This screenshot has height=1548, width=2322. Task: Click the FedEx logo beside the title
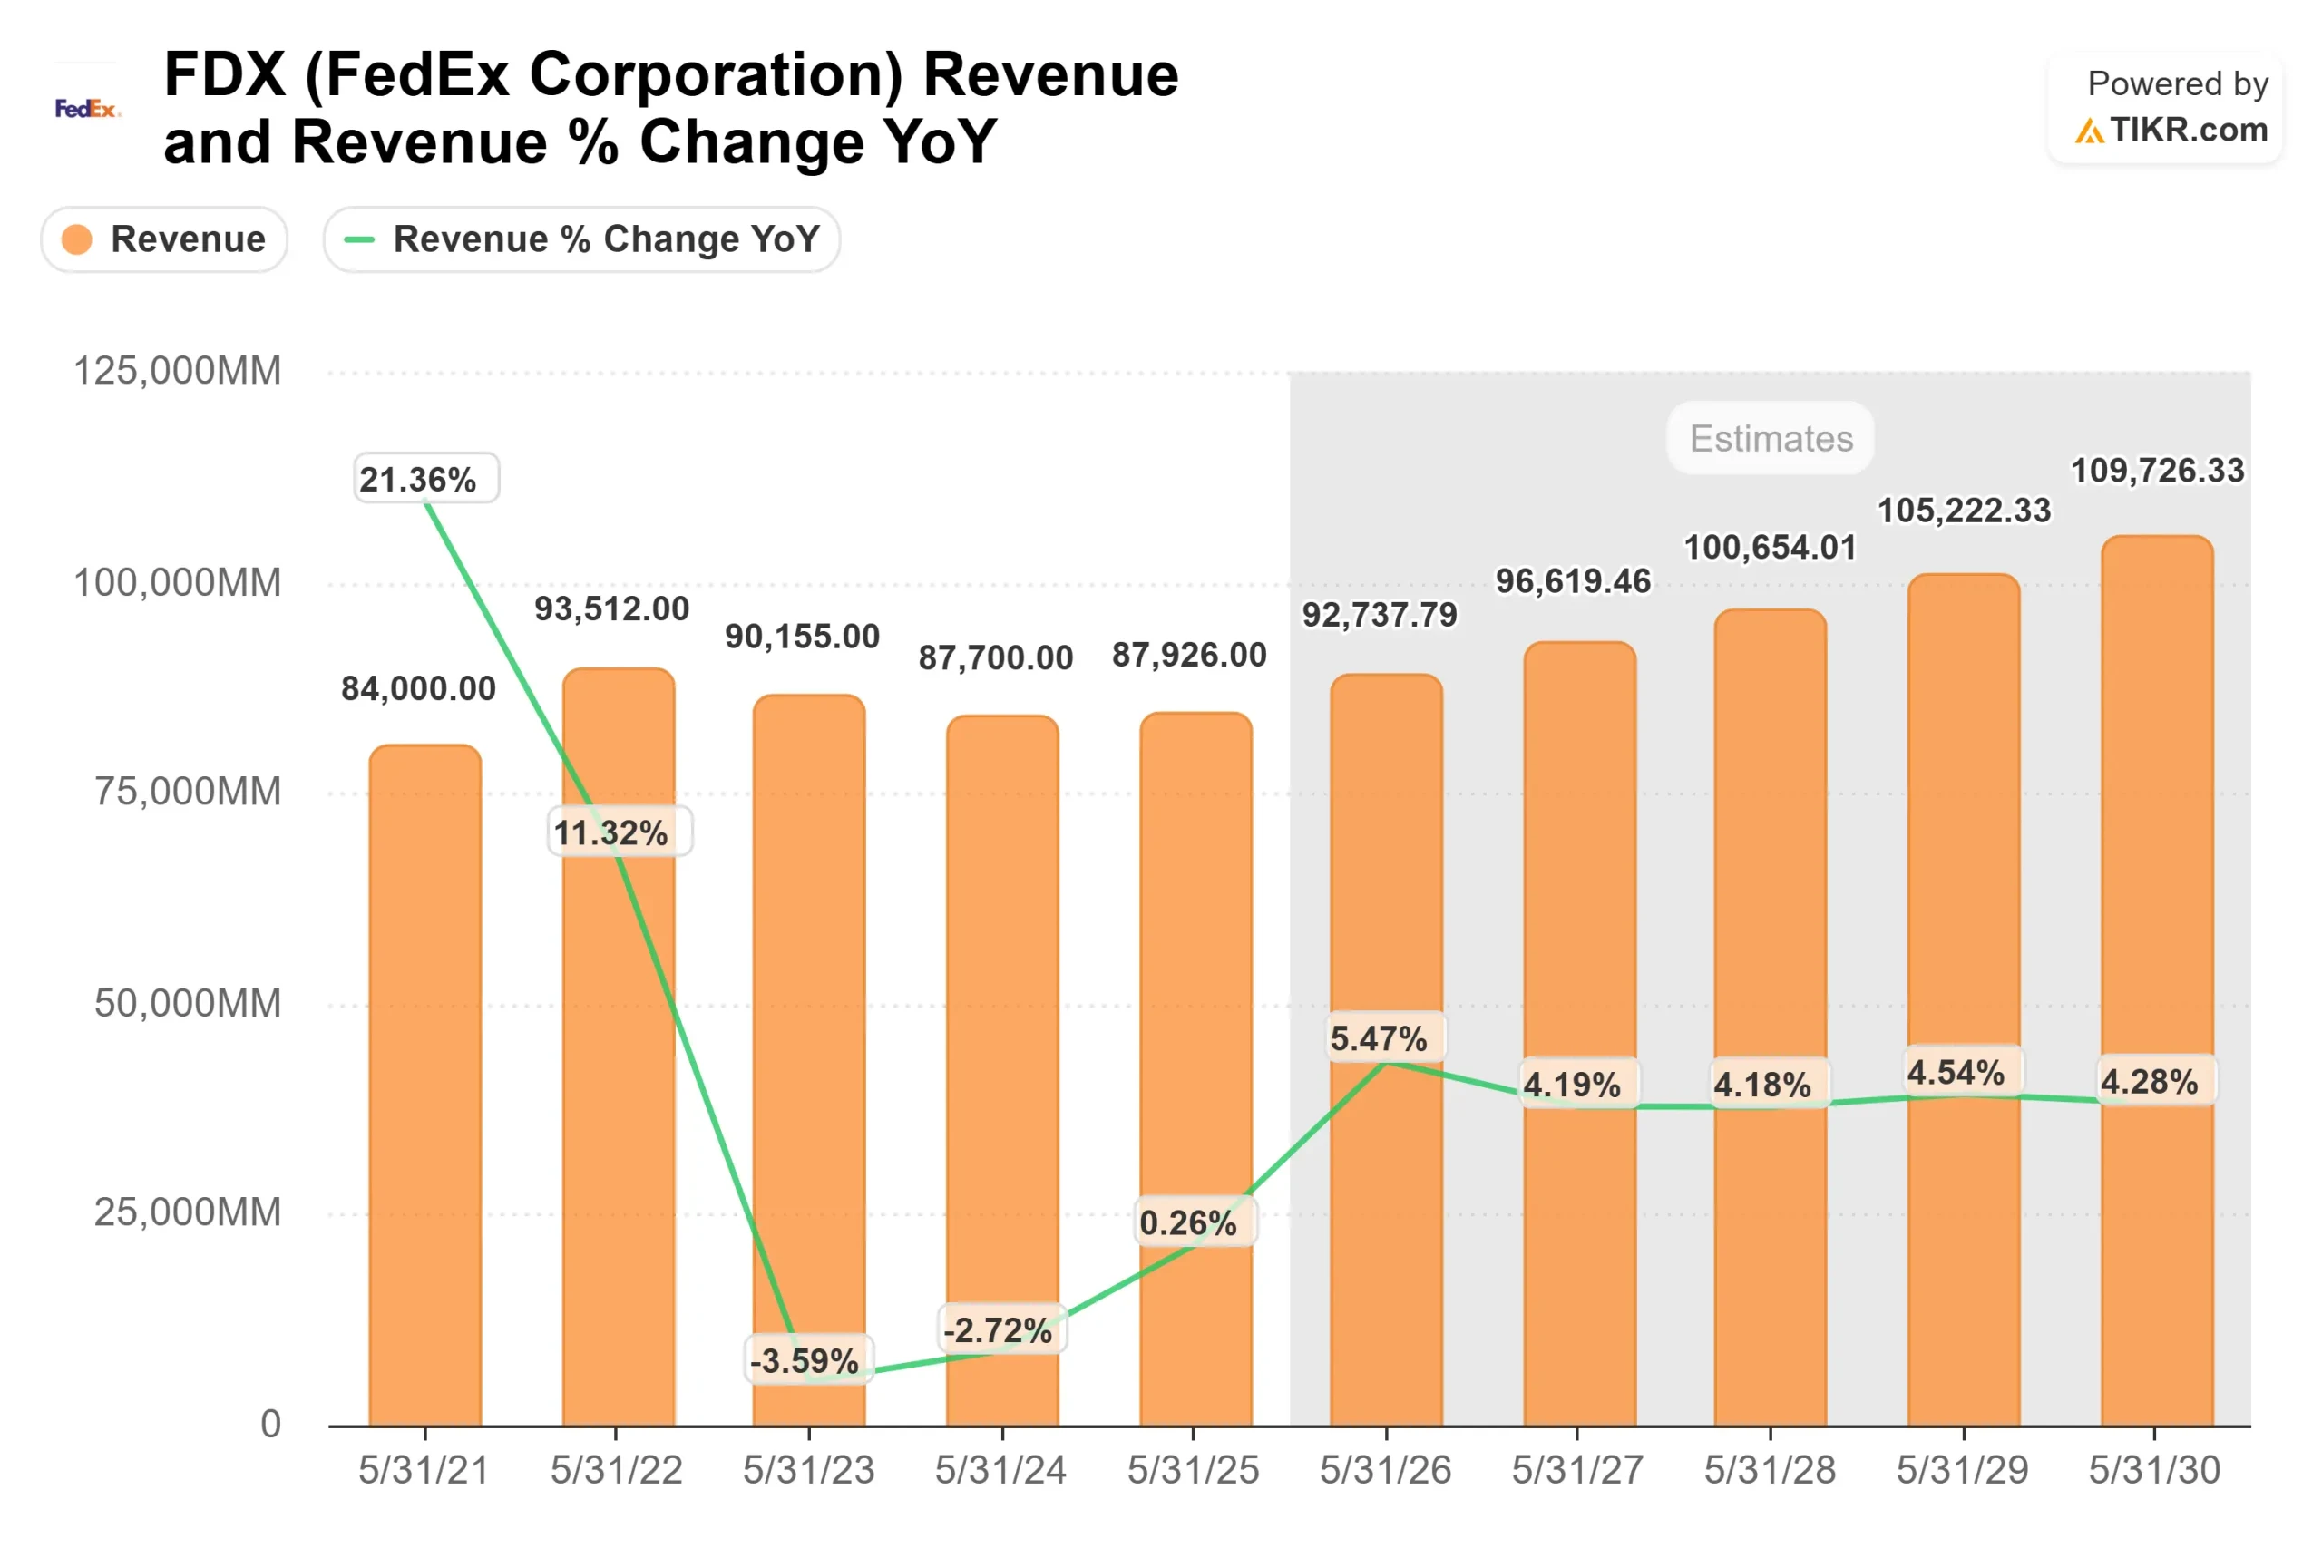(87, 109)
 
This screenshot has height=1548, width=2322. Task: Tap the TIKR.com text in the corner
(2188, 131)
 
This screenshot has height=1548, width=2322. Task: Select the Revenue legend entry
(165, 239)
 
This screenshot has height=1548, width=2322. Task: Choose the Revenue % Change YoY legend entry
(581, 239)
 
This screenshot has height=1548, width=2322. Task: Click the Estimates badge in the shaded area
(1771, 438)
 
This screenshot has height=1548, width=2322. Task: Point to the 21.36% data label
(426, 479)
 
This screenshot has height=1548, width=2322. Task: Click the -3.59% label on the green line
(807, 1360)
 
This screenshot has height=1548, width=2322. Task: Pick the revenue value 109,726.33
(2157, 471)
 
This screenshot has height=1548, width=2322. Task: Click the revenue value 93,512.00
(612, 609)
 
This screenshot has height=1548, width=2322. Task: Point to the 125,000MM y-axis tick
(178, 371)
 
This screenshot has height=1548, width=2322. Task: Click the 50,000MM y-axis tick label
(188, 1004)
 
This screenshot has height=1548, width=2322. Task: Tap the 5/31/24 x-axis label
(1000, 1470)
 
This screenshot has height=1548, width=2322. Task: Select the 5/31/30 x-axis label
(2153, 1470)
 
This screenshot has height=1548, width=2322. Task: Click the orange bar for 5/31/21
(425, 1086)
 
